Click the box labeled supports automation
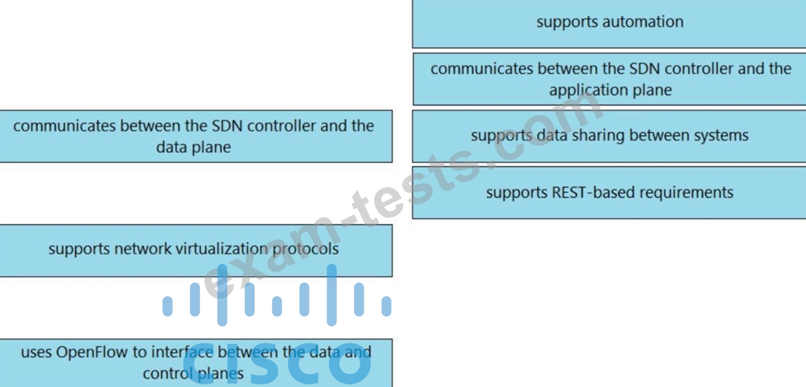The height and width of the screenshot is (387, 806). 609,24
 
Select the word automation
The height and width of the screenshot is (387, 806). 643,22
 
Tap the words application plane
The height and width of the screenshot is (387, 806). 610,90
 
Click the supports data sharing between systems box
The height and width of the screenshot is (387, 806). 609,136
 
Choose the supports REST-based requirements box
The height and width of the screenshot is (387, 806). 609,192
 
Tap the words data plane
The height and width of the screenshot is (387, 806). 193,147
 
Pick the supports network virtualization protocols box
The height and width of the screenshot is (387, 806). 196,251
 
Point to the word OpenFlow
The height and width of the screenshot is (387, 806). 91,352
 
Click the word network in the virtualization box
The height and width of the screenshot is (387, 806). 143,249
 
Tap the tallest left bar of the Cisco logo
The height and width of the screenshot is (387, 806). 222,295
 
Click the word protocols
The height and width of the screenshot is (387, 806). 305,249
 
